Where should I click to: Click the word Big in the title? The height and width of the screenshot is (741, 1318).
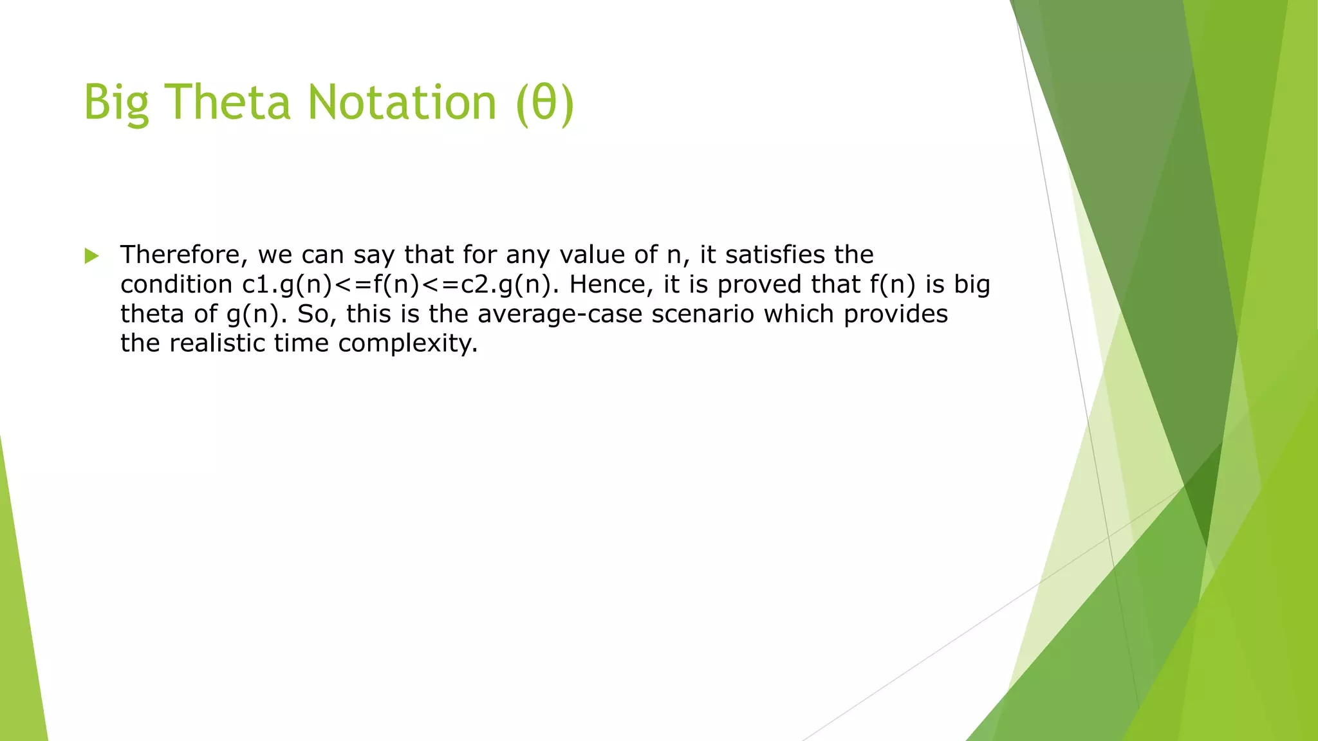(x=116, y=103)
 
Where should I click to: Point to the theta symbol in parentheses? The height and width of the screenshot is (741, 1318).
(x=544, y=103)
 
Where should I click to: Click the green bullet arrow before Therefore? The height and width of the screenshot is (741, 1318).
(x=91, y=256)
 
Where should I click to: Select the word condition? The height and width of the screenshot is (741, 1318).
(x=176, y=285)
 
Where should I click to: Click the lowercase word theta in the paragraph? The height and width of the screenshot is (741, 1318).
(x=152, y=315)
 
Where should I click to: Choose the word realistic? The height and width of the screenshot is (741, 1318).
(x=218, y=343)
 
